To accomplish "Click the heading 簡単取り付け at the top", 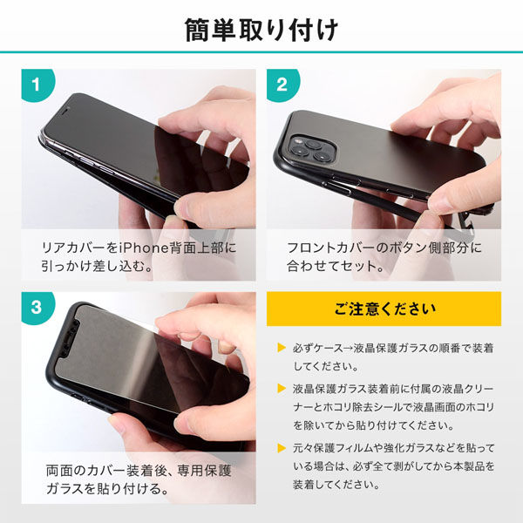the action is coord(261,31).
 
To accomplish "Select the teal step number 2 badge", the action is coord(282,85).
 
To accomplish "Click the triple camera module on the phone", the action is coord(312,149).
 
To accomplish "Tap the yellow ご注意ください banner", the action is coord(384,309).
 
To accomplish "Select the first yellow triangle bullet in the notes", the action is coord(282,348).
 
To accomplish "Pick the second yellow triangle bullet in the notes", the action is coord(282,388).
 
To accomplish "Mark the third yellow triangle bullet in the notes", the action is coord(282,448).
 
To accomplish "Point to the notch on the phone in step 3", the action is coord(71,339).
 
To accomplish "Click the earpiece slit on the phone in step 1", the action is coord(66,109).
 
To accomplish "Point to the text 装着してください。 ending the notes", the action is coord(336,485).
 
